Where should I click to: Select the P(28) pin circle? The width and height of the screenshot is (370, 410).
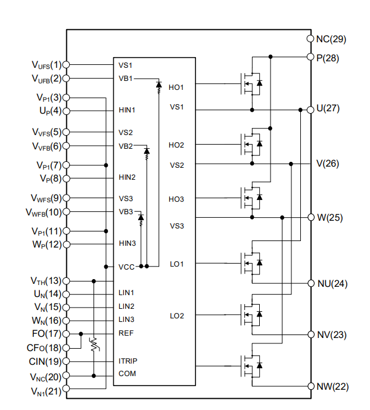[x=310, y=57]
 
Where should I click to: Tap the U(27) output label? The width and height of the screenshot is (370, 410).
[x=328, y=109]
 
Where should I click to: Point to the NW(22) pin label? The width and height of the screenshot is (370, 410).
[x=331, y=386]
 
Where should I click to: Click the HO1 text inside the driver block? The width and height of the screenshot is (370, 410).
[x=176, y=87]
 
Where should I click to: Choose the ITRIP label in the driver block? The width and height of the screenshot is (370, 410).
[x=128, y=361]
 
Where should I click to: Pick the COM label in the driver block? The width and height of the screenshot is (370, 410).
[x=127, y=374]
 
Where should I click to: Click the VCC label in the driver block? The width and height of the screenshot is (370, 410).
[x=126, y=267]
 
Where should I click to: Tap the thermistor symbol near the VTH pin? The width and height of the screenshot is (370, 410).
[x=94, y=345]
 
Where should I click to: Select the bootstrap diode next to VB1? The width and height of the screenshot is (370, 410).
[x=158, y=85]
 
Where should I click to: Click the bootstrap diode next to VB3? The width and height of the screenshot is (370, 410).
[x=141, y=218]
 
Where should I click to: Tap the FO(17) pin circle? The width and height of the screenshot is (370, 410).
[x=66, y=334]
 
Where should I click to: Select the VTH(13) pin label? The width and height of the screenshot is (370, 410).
[x=46, y=280]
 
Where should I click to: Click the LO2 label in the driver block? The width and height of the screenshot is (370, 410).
[x=176, y=315]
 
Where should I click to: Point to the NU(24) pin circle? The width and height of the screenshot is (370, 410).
[x=310, y=283]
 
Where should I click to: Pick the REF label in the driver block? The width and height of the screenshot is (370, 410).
[x=126, y=333]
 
